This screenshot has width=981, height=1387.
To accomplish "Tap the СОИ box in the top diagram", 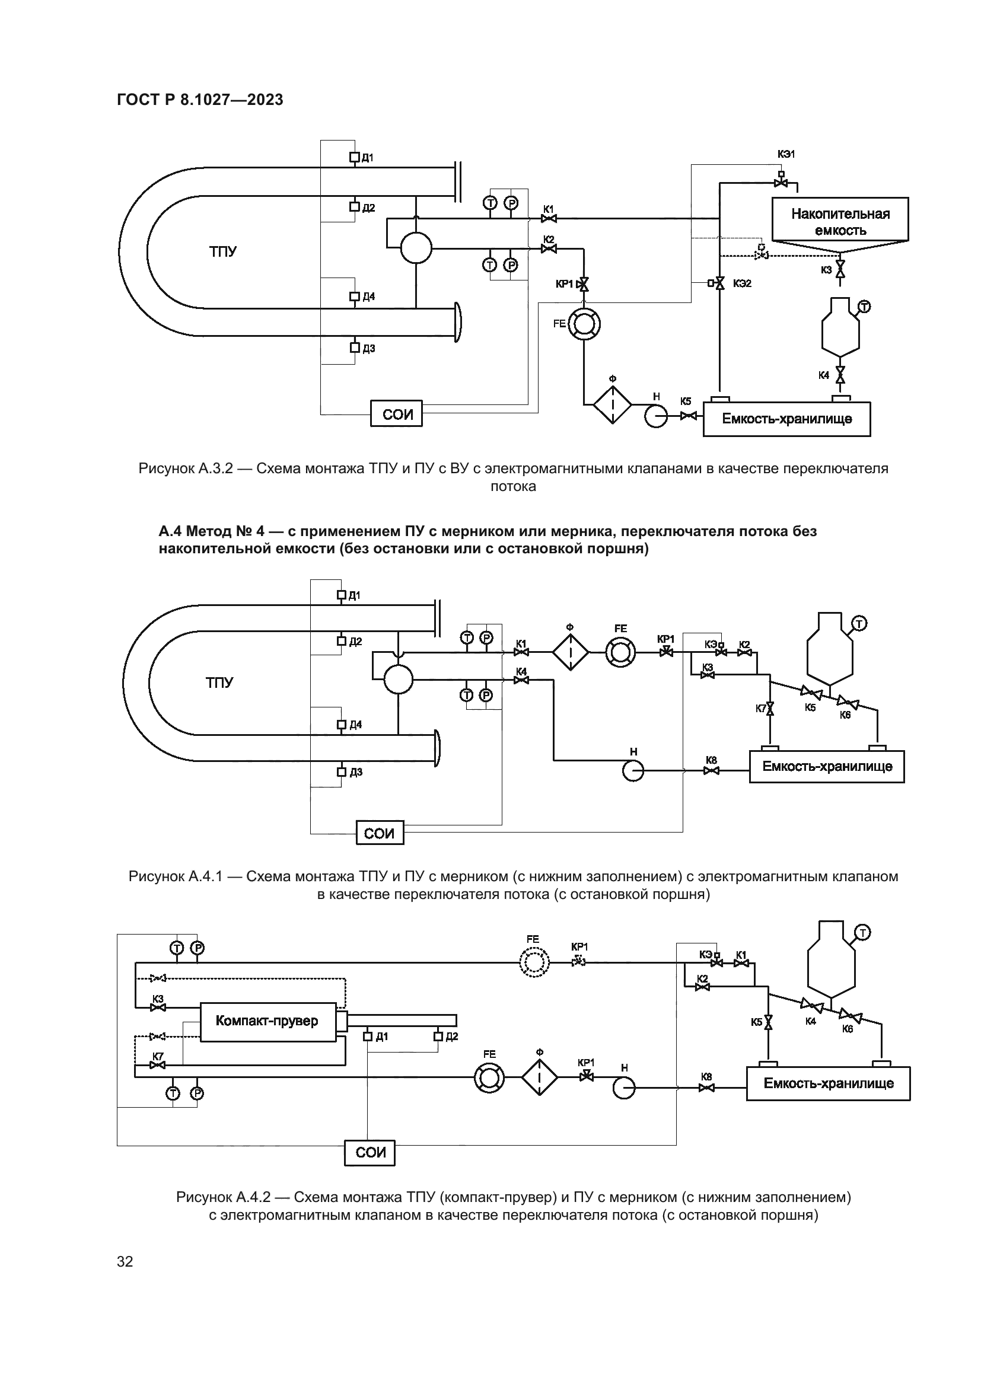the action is click(396, 413).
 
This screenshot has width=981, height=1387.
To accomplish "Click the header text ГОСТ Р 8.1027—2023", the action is click(200, 100).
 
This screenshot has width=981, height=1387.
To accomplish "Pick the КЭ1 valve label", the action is click(786, 154).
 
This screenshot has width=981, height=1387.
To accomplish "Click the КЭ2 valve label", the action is click(743, 283).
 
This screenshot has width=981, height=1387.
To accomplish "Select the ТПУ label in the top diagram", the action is click(223, 251).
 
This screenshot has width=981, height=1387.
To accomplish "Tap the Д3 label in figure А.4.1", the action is click(356, 772).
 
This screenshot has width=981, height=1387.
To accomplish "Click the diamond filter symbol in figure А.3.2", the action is click(612, 405).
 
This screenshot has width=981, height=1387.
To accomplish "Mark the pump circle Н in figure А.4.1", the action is click(633, 771).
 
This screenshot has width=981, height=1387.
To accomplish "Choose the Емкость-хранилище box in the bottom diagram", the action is click(828, 1083).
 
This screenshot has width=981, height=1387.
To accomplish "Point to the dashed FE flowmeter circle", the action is click(534, 963).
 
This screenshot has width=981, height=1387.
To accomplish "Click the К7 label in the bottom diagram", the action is click(158, 1057).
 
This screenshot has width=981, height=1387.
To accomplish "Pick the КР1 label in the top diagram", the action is click(564, 284).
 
